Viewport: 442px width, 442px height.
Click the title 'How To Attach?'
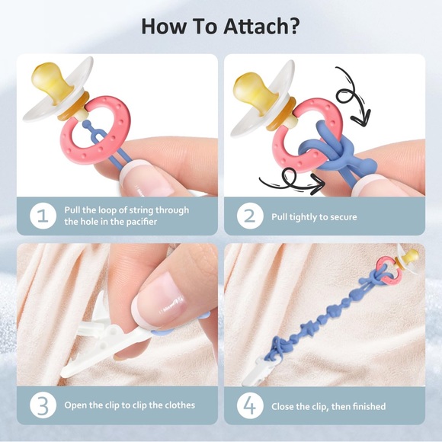click(x=220, y=25)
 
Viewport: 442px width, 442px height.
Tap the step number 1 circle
click(x=43, y=216)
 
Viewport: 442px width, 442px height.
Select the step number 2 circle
click(x=249, y=216)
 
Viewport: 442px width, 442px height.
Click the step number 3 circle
click(x=43, y=405)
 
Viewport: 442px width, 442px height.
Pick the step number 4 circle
click(x=249, y=405)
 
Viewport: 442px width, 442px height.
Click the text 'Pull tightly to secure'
click(x=314, y=217)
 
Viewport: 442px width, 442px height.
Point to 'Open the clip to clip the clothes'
click(x=130, y=405)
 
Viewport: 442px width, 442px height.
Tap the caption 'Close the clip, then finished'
click(x=328, y=406)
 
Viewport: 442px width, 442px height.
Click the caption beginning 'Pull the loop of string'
click(x=127, y=216)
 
